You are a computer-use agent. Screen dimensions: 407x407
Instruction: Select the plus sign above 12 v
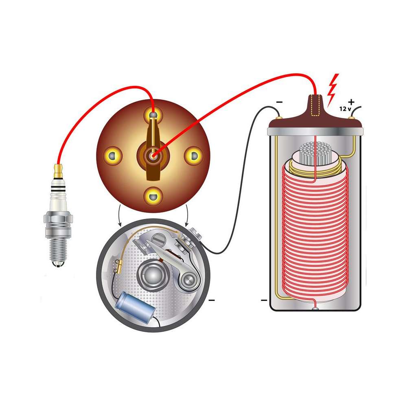[351, 102]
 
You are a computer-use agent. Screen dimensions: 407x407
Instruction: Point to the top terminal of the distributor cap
[153, 116]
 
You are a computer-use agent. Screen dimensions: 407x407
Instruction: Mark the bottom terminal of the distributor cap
[153, 197]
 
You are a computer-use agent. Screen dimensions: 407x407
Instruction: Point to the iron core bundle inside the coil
[313, 154]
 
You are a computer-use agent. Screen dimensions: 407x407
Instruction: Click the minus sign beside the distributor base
[212, 301]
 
